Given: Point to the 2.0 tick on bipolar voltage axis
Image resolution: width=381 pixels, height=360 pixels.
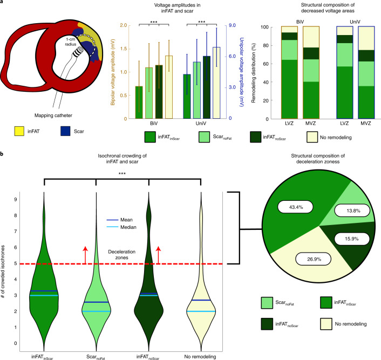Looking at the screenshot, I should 124,25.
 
